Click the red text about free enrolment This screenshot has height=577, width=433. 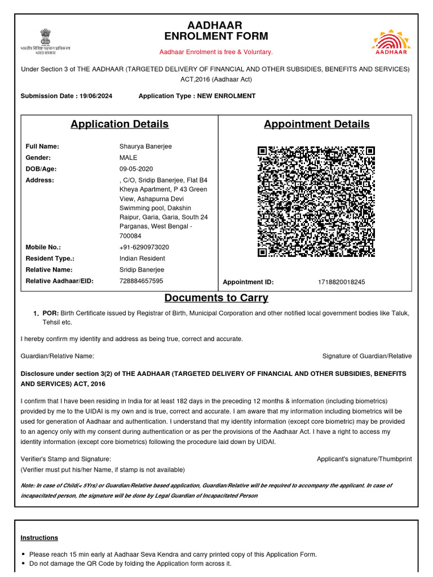(216, 52)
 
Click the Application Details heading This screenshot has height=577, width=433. (120, 124)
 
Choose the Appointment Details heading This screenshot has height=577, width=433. (316, 124)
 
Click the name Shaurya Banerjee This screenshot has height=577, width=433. (145, 147)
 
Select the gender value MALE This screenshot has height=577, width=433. (128, 158)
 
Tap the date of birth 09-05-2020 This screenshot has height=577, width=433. (136, 169)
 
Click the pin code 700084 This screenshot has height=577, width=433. (130, 236)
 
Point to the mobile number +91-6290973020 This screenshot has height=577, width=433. (144, 247)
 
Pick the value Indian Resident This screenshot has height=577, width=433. (142, 259)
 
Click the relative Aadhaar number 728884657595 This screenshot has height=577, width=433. (141, 281)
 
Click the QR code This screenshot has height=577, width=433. (316, 202)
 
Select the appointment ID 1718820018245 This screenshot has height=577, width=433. (341, 282)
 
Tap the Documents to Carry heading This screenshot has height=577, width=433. (216, 298)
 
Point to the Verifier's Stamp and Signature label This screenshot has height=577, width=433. (66, 459)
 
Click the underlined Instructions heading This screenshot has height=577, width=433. (39, 538)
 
